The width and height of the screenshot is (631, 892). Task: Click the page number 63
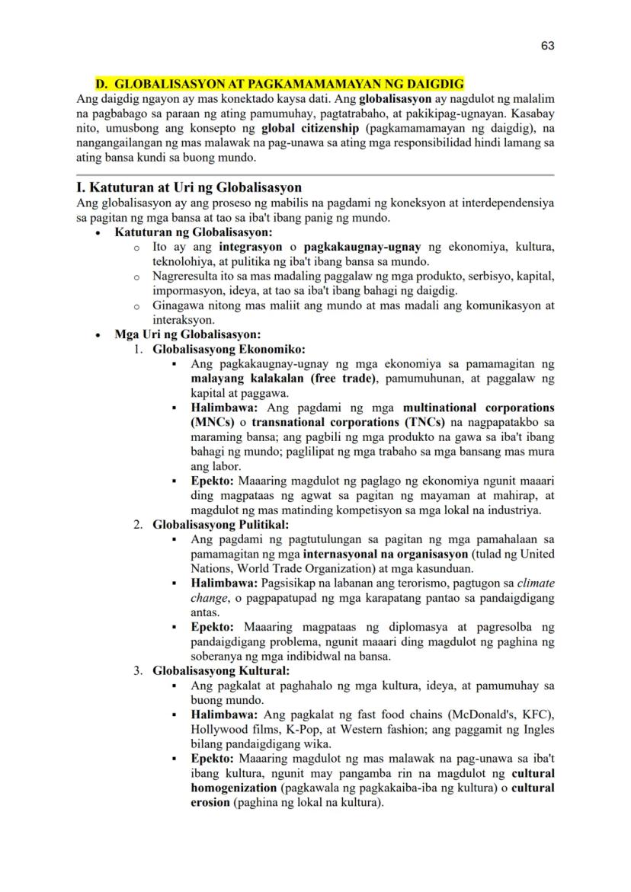click(x=547, y=46)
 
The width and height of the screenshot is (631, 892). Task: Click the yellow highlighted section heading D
click(x=279, y=84)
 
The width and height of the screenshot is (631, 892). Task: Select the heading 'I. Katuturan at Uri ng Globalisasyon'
click(x=190, y=187)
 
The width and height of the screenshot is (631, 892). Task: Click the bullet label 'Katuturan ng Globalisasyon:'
click(x=194, y=232)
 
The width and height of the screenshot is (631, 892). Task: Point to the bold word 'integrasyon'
click(x=248, y=247)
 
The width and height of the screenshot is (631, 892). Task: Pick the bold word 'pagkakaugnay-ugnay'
click(x=362, y=247)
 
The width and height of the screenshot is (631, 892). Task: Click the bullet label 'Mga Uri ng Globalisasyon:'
click(x=187, y=334)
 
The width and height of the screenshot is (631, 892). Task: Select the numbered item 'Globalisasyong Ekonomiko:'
click(x=229, y=349)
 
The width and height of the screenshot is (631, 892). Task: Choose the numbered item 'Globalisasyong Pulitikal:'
click(x=221, y=525)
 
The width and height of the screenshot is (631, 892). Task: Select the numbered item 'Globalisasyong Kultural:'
click(x=221, y=671)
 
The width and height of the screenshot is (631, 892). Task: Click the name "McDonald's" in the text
click(x=478, y=715)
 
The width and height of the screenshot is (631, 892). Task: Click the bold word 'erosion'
click(x=210, y=802)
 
